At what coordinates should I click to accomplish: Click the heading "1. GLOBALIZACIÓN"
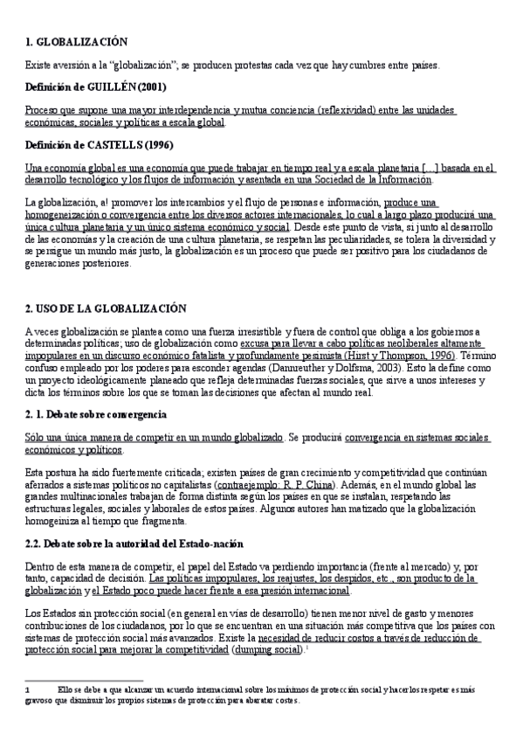pos(77,41)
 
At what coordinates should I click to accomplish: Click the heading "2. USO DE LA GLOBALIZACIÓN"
pos(106,308)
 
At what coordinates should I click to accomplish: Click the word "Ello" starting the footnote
pos(64,689)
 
